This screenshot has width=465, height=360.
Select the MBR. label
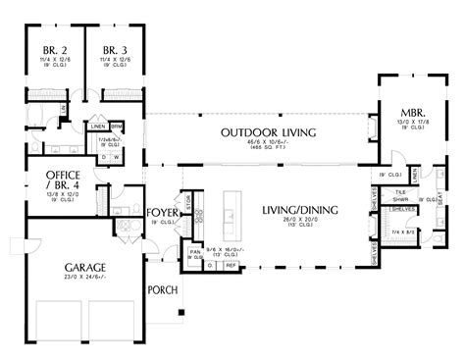click(411, 111)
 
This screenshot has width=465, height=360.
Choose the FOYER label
click(161, 212)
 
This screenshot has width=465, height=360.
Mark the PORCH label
click(161, 290)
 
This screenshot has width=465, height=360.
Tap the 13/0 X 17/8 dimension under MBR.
click(411, 122)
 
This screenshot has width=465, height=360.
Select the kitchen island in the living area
click(231, 220)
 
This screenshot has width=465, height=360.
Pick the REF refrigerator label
click(232, 264)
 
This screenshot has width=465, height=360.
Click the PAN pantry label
click(196, 251)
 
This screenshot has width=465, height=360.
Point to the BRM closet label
click(116, 127)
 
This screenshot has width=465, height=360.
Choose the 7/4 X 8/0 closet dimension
click(402, 231)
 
